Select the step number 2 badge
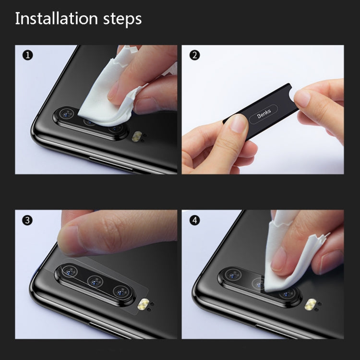tap(194, 56)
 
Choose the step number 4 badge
tap(194, 221)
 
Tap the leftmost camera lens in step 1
tap(67, 114)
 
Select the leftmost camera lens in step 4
tap(234, 275)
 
